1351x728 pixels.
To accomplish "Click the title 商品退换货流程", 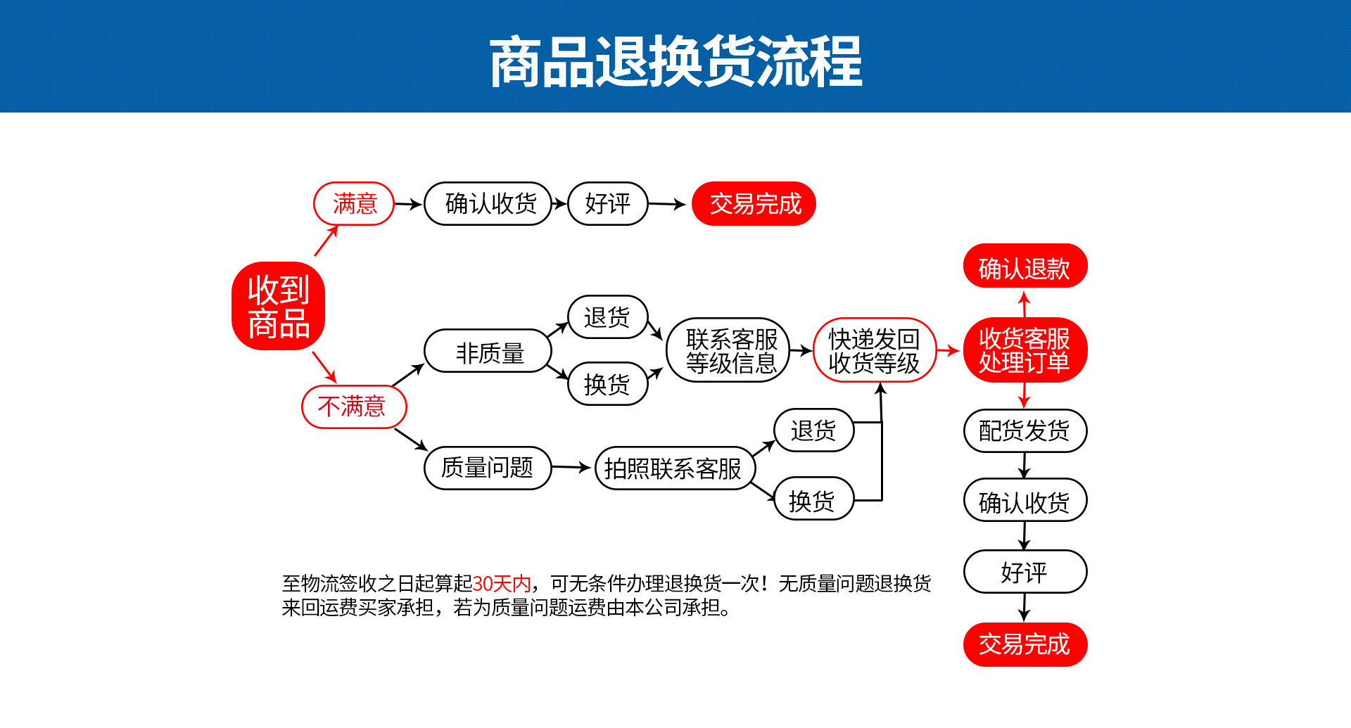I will point(675,62).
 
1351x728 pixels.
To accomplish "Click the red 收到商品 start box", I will point(279,306).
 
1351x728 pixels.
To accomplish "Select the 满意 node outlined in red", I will point(354,204).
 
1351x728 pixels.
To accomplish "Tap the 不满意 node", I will point(354,407).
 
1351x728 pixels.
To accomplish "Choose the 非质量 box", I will point(488,352).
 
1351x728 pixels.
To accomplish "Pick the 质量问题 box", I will point(487,468).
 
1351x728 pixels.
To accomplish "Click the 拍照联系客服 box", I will point(674,468).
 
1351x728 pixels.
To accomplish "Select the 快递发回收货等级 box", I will point(874,350).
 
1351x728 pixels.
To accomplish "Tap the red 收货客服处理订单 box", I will point(1025,350).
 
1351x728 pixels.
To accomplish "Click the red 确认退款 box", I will point(1025,267).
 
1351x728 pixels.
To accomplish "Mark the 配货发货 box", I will point(1025,430).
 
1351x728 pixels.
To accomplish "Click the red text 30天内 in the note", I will point(502,583).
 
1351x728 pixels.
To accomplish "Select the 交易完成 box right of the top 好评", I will point(754,204).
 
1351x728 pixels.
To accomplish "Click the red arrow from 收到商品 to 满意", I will point(326,241).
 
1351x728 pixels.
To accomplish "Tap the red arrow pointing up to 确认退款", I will point(1025,304).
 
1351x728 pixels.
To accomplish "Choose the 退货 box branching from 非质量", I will point(607,317).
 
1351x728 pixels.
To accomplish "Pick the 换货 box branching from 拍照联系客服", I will point(813,500).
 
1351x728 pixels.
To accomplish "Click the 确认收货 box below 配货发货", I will point(1025,501).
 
